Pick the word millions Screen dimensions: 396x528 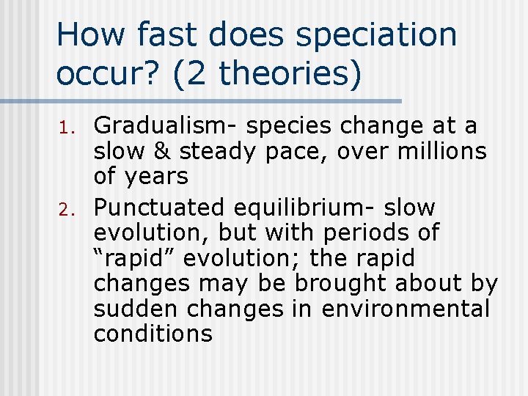[x=443, y=152]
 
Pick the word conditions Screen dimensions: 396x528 [x=153, y=334]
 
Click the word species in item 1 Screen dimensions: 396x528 [x=289, y=126]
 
